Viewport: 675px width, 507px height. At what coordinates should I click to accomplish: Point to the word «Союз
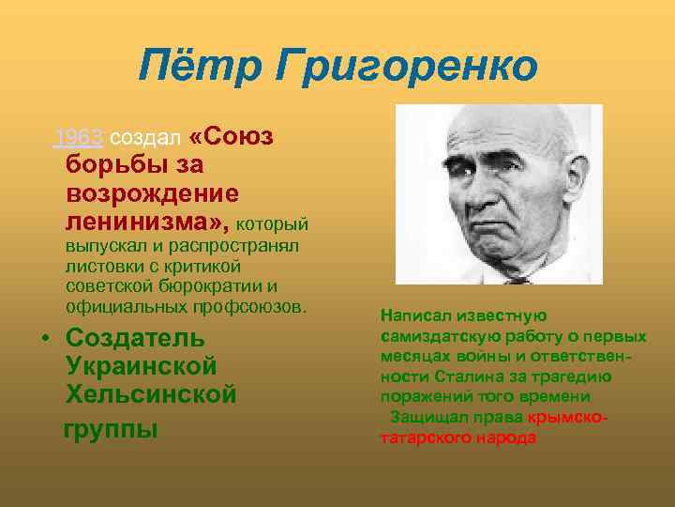pyautogui.click(x=231, y=138)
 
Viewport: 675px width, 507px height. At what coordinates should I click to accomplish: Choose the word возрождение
pyautogui.click(x=152, y=194)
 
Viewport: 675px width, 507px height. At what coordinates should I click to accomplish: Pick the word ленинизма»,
pyautogui.click(x=146, y=223)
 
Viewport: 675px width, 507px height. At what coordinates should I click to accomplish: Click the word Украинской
pyautogui.click(x=142, y=367)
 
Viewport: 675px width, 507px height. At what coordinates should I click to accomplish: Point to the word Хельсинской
pyautogui.click(x=151, y=396)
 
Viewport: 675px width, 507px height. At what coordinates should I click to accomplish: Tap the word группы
pyautogui.click(x=110, y=428)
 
